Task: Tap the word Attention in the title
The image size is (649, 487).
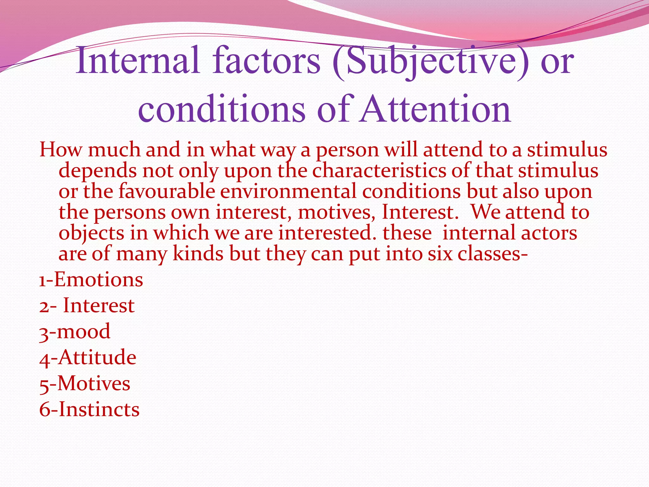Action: pos(435,109)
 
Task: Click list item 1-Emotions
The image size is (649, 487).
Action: pos(91,280)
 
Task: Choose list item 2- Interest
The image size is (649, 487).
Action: pos(87,306)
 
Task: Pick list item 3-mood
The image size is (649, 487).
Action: pos(75,332)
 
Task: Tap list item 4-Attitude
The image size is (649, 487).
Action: pos(88,358)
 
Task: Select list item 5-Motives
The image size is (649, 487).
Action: pos(85,384)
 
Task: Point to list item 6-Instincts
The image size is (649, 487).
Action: pos(89,409)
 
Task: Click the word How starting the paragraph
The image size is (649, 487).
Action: pos(60,150)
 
